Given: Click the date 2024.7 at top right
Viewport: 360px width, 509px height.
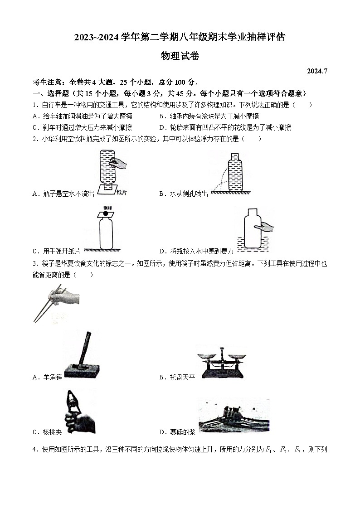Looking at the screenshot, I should (x=316, y=71).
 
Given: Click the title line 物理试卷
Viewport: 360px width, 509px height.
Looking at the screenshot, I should (x=180, y=56).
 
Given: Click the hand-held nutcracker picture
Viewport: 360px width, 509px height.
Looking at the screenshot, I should (x=78, y=412).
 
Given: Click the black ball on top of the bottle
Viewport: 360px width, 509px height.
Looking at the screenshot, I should (x=106, y=213).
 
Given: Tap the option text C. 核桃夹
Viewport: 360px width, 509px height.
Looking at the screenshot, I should (x=47, y=432).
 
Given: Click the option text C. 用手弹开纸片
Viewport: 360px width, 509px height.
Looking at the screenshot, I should (x=56, y=251).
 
